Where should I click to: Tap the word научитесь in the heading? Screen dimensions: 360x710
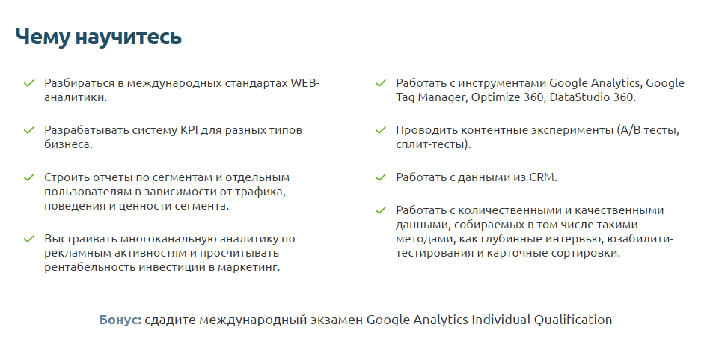127,37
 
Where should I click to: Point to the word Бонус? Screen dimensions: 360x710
120,320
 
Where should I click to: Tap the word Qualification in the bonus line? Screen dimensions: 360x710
572,320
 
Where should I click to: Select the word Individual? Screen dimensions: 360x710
501,320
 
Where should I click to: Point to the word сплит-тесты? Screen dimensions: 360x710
431,144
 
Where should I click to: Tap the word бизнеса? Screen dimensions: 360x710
67,144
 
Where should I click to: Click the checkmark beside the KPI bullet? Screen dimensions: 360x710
29,130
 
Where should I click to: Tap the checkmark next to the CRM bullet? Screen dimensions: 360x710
381,177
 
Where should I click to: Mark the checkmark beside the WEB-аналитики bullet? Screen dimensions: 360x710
29,83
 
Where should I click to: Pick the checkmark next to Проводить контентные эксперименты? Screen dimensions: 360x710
381,130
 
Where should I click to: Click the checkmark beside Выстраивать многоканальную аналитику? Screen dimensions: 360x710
29,239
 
